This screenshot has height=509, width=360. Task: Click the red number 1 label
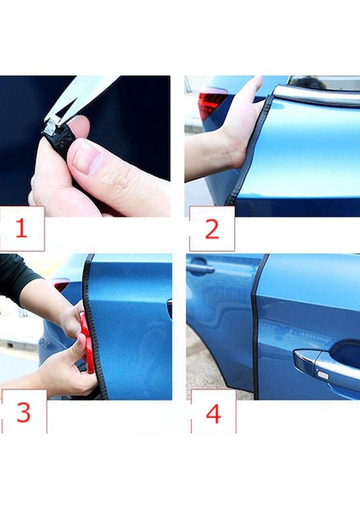21,228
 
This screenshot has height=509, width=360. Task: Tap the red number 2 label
212,230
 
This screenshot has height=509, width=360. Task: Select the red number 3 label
24,412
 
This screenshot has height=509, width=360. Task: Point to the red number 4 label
213,414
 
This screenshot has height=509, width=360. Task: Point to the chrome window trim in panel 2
317,95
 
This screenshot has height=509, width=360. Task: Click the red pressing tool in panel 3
87,343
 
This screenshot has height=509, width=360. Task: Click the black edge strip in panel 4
256,327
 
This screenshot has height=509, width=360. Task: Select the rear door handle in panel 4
199,267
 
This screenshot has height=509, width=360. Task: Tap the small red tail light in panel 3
62,286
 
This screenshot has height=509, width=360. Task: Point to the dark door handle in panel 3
170,309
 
